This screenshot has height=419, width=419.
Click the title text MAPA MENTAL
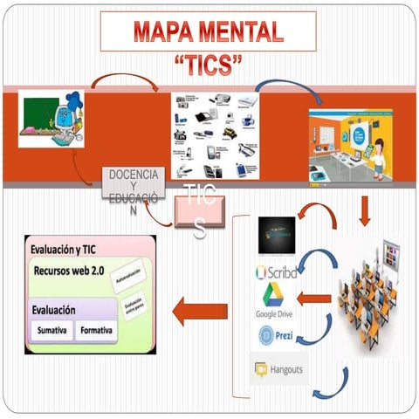[209, 32]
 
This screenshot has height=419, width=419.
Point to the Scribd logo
[277, 271]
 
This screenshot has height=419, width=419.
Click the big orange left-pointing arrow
[199, 311]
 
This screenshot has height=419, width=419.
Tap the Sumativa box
[52, 331]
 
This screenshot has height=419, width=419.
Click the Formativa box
[95, 331]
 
